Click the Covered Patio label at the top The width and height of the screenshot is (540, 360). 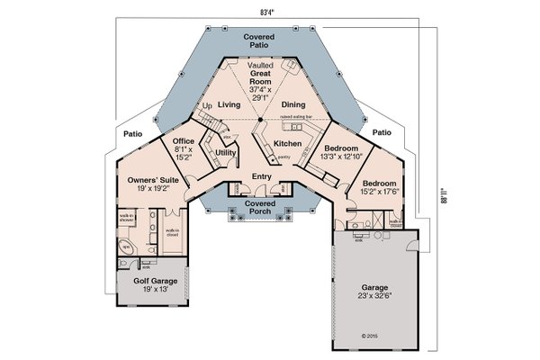tap(259, 43)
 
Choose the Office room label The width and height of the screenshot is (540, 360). tap(183, 149)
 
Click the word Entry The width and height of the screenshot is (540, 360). tap(262, 176)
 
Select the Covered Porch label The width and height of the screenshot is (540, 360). tap(260, 209)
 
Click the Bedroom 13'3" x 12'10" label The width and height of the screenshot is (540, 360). tap(341, 152)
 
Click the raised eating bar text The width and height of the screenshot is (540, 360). tap(299, 118)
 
